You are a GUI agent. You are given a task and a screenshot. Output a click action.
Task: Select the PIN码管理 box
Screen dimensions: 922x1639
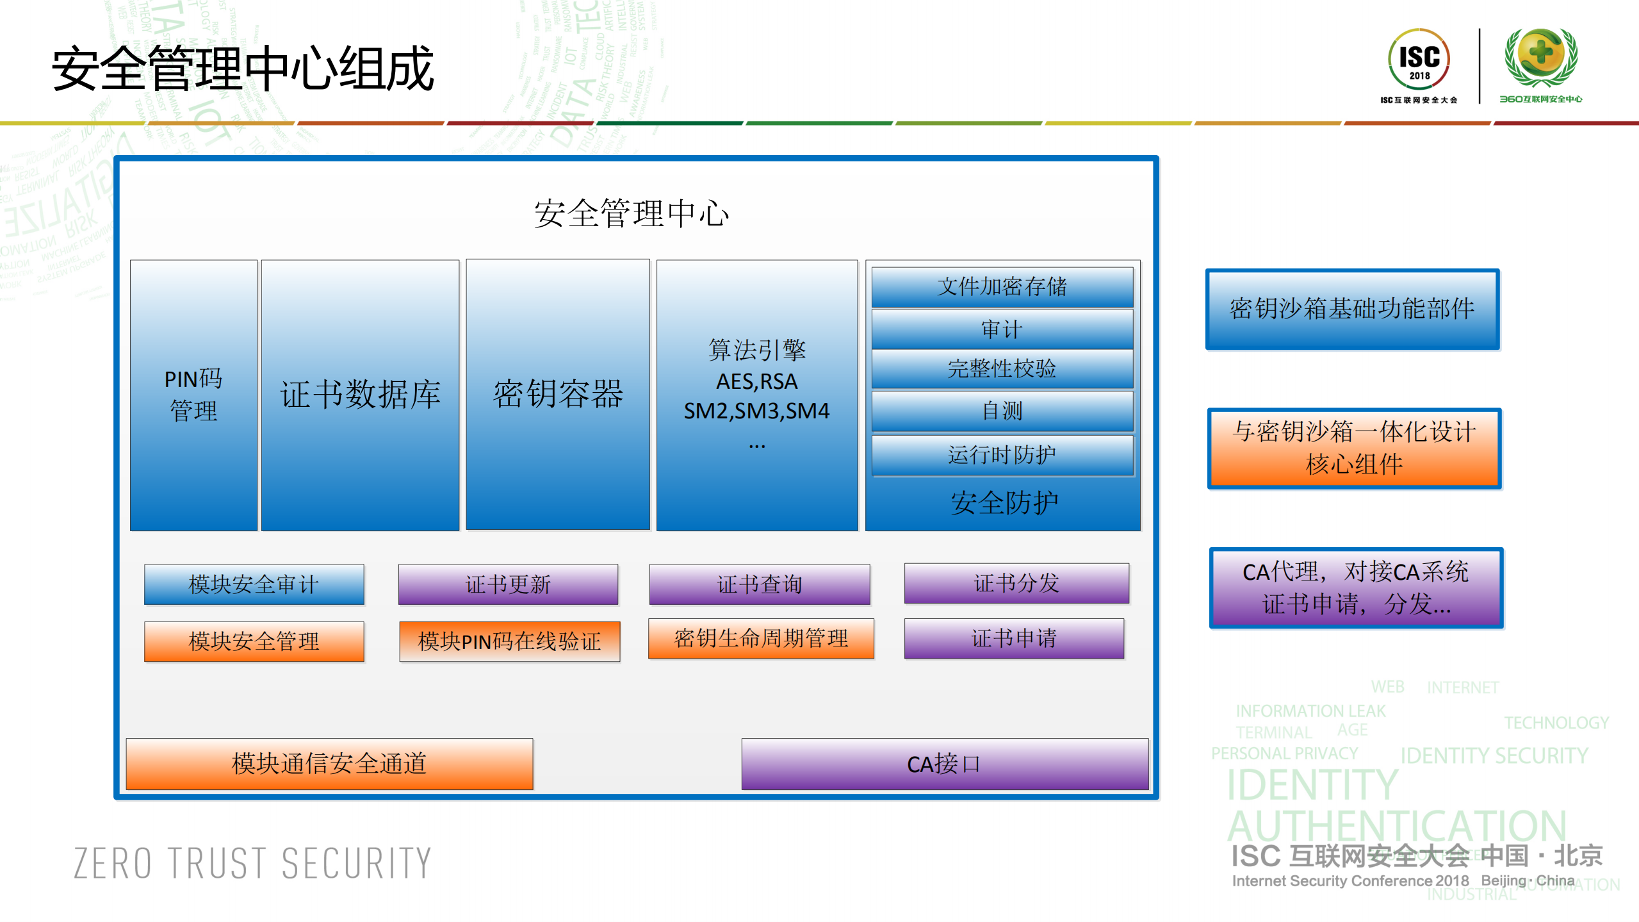193,395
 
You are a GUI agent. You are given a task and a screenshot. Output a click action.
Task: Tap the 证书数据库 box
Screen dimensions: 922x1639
360,395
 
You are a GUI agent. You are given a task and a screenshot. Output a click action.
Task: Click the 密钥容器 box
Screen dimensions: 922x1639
557,395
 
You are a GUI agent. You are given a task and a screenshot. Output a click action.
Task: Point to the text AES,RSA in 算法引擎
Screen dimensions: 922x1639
756,382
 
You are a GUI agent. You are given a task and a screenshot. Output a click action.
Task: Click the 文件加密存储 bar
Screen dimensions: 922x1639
1002,286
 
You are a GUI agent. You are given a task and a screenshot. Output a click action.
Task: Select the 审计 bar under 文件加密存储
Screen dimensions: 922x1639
1002,329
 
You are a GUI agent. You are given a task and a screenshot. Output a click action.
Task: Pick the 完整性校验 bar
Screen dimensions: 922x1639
1002,368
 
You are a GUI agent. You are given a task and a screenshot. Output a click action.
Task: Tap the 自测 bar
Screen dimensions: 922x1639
1002,411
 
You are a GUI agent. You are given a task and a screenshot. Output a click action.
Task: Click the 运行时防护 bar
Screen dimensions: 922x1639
1002,455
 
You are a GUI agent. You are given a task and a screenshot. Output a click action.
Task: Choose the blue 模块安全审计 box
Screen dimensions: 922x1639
254,584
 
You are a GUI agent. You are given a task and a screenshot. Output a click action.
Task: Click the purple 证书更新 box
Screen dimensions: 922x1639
508,584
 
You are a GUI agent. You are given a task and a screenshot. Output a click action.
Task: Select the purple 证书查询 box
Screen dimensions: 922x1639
759,584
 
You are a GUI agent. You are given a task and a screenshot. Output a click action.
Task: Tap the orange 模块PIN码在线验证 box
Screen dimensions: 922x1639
509,641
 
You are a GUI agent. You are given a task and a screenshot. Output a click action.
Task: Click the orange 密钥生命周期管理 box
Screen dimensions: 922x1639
761,638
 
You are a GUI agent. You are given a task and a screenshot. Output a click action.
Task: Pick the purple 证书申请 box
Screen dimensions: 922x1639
1013,638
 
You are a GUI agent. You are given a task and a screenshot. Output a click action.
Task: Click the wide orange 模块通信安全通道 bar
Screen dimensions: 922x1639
329,763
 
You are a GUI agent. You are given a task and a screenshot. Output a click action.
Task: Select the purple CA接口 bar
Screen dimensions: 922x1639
944,764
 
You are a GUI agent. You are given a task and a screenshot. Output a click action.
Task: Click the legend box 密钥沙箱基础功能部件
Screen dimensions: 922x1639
1352,309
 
